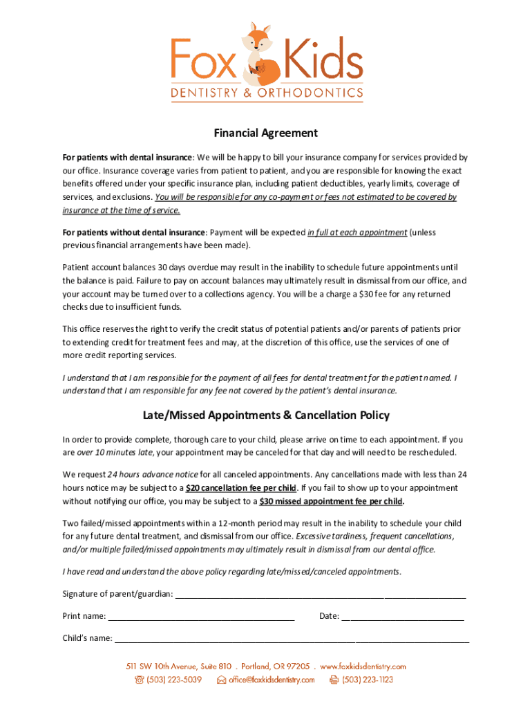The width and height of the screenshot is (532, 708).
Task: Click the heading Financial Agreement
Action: coord(266,133)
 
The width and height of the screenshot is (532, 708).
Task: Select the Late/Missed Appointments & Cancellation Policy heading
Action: coord(266,416)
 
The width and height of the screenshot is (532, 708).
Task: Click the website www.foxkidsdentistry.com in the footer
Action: coord(363,667)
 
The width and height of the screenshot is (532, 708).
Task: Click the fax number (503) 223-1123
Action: coord(367,680)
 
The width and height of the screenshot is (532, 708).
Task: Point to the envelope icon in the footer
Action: coord(221,680)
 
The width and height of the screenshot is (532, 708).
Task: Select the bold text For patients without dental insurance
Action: coord(134,232)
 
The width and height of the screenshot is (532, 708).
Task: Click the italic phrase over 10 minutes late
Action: coord(115,452)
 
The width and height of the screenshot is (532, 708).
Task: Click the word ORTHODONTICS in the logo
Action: coord(310,93)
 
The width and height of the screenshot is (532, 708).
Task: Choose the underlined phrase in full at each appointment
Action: coord(357,232)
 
